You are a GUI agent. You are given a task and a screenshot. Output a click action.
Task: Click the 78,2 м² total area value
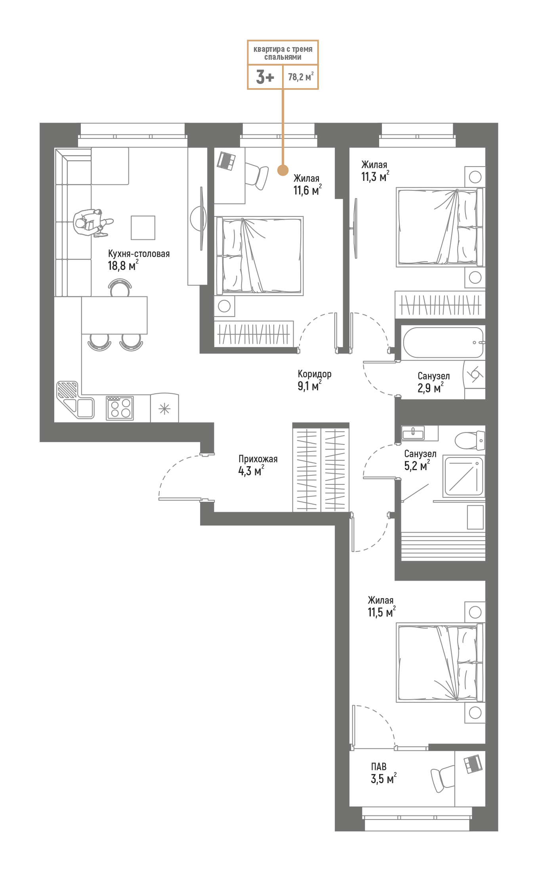pos(300,77)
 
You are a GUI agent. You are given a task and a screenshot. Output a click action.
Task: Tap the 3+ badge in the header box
pos(265,77)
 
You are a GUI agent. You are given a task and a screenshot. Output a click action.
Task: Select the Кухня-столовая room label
pos(139,254)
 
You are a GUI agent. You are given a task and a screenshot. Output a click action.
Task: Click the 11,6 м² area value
pos(307,191)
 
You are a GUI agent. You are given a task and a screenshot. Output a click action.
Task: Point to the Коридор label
pos(315,374)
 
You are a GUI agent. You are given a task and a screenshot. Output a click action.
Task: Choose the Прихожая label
pos(258,459)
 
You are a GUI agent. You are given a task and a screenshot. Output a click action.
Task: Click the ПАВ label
pos(379,767)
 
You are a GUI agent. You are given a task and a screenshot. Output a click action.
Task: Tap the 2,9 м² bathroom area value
pos(430,388)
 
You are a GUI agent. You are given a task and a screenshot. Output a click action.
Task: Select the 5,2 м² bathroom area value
pos(417,466)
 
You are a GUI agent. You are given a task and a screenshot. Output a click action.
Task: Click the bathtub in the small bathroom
pos(443,343)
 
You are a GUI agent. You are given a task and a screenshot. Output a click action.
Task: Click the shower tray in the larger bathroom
pos(464,476)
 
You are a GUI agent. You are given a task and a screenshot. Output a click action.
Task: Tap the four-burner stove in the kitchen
pos(120,408)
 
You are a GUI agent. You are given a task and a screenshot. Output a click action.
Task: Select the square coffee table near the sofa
pos(143,228)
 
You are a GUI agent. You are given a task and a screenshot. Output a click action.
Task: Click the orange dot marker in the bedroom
pos(282,170)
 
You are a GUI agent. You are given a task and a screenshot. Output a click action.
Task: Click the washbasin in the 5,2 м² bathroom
pos(413,433)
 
